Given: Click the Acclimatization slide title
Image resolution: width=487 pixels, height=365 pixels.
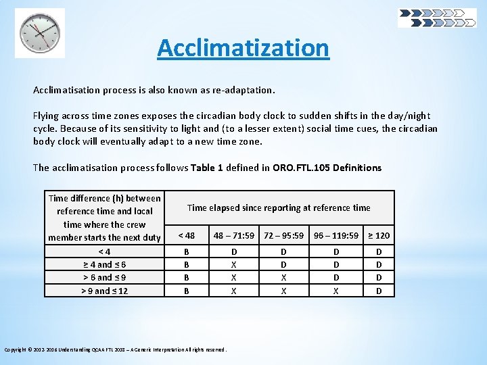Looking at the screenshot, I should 243,48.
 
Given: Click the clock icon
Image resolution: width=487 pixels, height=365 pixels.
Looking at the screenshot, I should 40,32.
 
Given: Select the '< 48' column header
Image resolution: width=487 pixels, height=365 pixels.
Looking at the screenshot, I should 186,235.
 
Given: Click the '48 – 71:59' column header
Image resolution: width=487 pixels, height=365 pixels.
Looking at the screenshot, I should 234,235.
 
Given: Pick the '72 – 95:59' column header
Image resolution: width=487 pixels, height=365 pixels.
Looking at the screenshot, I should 284,235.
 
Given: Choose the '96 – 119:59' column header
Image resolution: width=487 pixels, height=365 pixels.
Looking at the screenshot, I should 336,235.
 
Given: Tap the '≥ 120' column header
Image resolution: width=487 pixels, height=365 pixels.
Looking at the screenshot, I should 379,235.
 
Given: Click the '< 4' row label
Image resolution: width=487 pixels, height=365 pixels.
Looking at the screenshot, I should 104,252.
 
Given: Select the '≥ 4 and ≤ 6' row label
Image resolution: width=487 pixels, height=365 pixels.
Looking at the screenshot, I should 104,265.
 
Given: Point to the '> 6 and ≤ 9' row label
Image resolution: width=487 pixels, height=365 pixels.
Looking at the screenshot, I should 104,278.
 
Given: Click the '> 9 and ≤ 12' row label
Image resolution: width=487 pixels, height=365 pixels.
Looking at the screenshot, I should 104,291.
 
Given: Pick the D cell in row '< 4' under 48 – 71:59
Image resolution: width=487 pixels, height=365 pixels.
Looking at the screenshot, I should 234,252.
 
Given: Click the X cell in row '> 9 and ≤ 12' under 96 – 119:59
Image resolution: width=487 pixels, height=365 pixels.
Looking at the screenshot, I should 336,291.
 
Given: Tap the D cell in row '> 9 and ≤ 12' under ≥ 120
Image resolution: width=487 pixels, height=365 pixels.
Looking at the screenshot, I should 379,291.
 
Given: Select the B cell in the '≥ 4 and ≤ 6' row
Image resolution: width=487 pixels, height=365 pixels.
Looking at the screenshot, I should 186,265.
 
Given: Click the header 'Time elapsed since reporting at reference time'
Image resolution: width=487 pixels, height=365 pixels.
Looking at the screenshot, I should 279,208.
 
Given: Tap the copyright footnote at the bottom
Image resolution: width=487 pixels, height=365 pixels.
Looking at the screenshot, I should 116,349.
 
